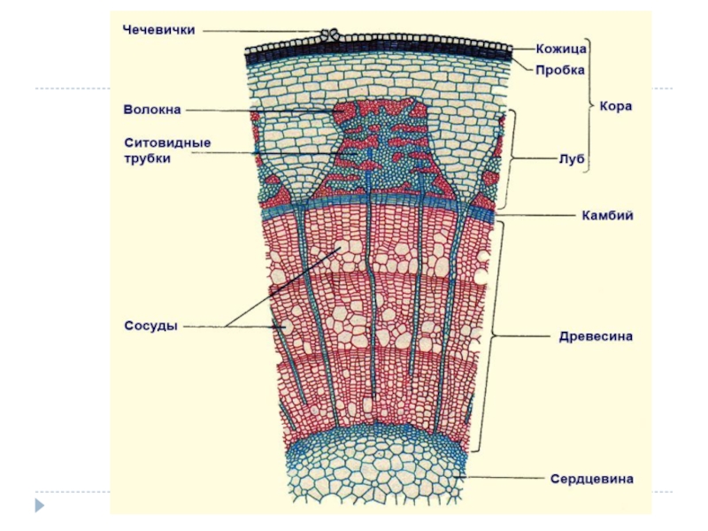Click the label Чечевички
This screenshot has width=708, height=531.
point(158,29)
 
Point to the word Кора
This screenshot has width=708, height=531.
point(616,105)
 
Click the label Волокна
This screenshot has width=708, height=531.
point(152,110)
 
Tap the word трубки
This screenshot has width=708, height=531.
point(146,158)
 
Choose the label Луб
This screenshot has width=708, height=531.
point(570,159)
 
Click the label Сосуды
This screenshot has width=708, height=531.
point(150,326)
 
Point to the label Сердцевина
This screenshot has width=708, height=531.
point(592,479)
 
